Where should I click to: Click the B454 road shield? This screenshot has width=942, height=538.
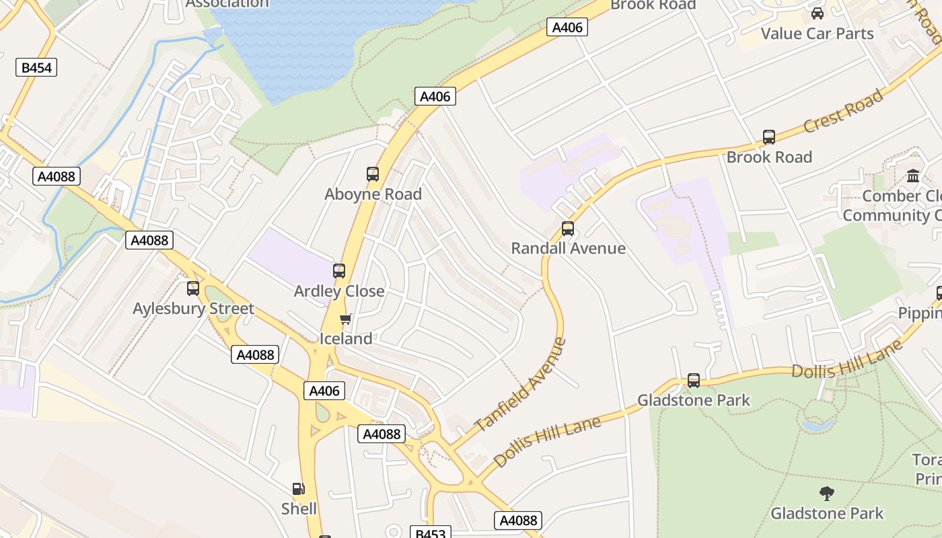(x=36, y=67)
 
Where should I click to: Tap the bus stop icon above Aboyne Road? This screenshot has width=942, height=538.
(x=373, y=174)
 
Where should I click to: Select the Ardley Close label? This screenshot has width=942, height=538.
(x=339, y=291)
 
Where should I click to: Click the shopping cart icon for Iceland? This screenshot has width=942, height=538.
(x=345, y=319)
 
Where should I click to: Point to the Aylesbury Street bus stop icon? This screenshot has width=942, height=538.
(x=193, y=289)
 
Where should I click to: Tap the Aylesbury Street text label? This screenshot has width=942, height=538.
(x=193, y=309)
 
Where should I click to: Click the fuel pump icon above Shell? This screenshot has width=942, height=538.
(x=298, y=489)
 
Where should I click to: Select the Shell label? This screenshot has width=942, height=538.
(x=299, y=508)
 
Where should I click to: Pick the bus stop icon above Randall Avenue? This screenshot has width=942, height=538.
(x=568, y=229)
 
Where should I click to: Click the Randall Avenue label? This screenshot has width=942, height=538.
(x=568, y=248)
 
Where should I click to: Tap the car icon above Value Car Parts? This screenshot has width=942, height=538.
(x=817, y=13)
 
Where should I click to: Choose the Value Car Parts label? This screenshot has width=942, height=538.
(x=817, y=34)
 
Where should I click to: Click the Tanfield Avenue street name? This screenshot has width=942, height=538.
(x=520, y=385)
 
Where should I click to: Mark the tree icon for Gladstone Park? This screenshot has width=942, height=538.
(x=827, y=494)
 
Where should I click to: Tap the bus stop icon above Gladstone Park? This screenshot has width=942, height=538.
(x=694, y=381)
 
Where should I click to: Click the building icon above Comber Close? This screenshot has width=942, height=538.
(x=913, y=176)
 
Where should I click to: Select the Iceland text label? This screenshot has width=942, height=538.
(x=345, y=338)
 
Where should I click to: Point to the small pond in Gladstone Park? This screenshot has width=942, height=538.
(x=818, y=425)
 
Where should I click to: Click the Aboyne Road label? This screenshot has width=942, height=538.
(x=373, y=194)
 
